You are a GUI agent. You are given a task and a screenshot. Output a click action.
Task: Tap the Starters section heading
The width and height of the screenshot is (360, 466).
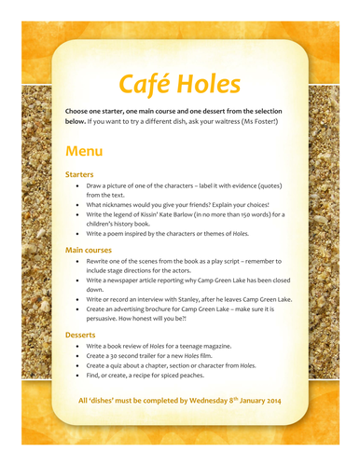(82, 174)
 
